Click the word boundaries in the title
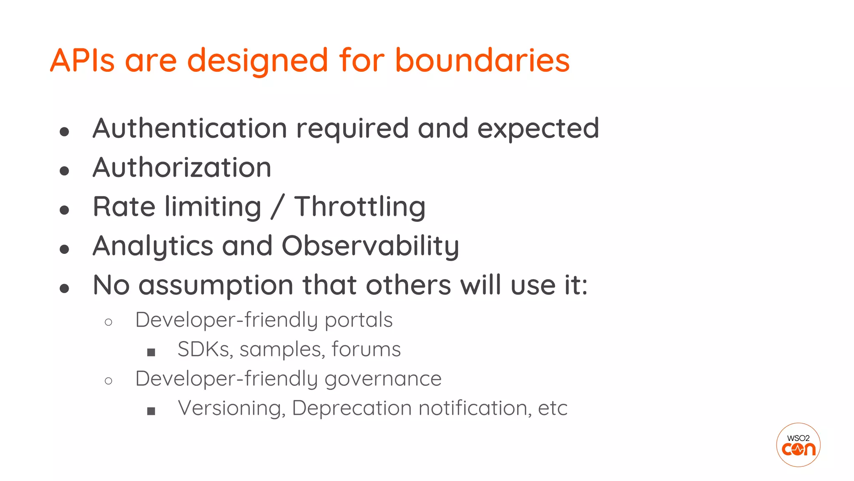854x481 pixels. click(482, 60)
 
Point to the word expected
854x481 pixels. click(538, 129)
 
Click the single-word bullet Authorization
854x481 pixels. click(182, 167)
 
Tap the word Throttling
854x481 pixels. click(360, 207)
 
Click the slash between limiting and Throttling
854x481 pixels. click(277, 207)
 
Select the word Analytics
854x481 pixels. click(153, 246)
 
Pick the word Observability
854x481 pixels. click(370, 246)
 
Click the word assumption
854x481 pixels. click(216, 286)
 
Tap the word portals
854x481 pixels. click(358, 321)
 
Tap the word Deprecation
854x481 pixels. click(352, 408)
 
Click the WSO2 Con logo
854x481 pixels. click(798, 445)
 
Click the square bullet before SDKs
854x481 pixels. click(151, 352)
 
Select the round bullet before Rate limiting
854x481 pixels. click(64, 210)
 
